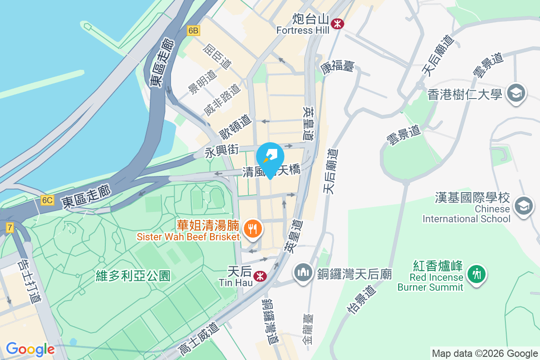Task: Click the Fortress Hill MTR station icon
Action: coord(336,23)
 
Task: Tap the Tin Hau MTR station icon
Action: coord(259,275)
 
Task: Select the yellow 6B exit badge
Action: coord(193,31)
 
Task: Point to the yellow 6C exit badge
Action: coord(47,200)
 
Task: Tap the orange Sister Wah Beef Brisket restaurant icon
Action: coord(252,229)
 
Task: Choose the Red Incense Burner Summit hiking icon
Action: coord(476,273)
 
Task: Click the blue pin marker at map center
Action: coord(270,158)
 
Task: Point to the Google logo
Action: coord(30,349)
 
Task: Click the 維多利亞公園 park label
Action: coord(133,276)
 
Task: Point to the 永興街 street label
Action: coord(221,150)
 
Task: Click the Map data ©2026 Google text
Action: coord(485,354)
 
